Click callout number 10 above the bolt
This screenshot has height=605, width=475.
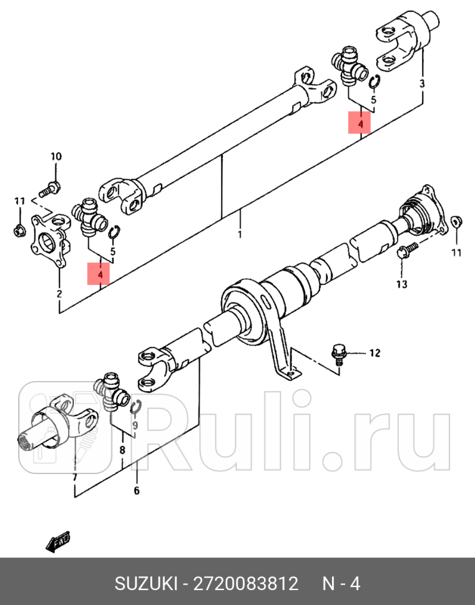[56, 157]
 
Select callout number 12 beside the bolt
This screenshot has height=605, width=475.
[374, 353]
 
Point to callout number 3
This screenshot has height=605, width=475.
[422, 83]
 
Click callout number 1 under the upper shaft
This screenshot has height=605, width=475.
[239, 235]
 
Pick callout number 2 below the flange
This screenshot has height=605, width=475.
[59, 294]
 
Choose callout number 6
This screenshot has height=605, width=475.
[136, 490]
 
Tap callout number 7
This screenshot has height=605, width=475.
[74, 478]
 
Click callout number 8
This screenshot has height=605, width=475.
[122, 449]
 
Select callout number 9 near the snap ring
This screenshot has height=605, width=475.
[134, 425]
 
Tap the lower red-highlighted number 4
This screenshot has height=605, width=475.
[99, 273]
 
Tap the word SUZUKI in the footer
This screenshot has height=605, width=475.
[144, 584]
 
